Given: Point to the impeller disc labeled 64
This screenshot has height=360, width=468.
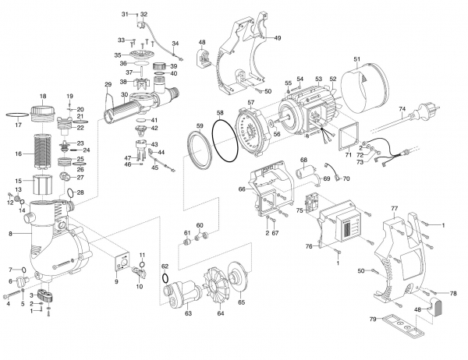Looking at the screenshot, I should (x=216, y=289).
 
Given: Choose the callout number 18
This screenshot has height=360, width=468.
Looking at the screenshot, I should (x=43, y=95).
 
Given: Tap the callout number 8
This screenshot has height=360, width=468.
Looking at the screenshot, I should (x=10, y=233).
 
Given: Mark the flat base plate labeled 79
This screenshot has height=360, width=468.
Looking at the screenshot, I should (x=406, y=322).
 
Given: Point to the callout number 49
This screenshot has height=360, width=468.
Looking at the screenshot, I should (x=277, y=37).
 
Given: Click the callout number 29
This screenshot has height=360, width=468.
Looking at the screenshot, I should (x=108, y=84).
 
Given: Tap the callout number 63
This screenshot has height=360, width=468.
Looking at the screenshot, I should (x=187, y=316).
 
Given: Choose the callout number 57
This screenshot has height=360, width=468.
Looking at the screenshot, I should (x=251, y=102).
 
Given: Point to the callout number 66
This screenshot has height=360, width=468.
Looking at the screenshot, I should (x=242, y=189).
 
